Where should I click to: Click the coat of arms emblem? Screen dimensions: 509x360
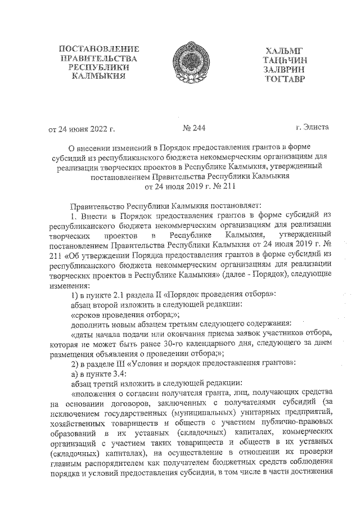(x=179, y=61)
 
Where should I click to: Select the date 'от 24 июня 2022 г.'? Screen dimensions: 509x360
(x=82, y=129)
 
